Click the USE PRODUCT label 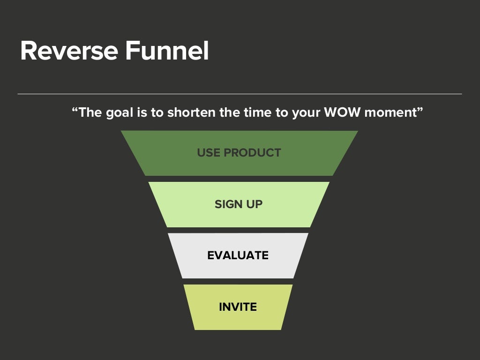[239, 153]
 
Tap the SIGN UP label [239, 204]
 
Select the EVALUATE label [238, 255]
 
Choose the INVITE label [238, 307]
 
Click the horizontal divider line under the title [240, 94]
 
